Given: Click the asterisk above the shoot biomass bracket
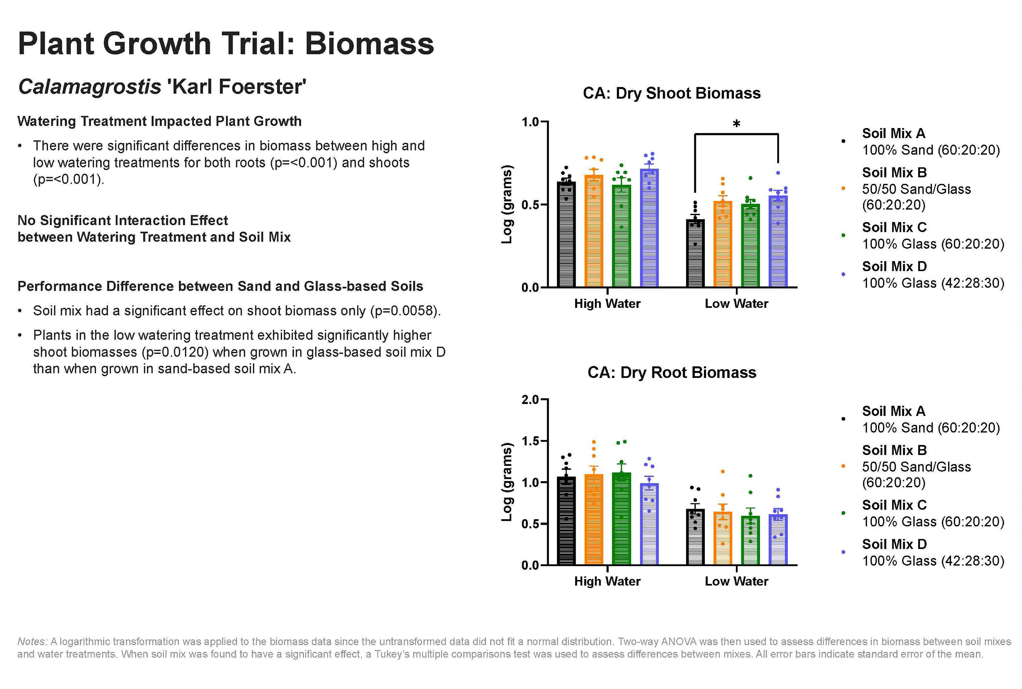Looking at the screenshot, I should [737, 124].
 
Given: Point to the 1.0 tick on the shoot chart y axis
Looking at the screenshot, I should [530, 122].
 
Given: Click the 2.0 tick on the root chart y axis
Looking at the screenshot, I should [530, 400].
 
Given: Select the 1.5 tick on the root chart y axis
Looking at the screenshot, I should [530, 441].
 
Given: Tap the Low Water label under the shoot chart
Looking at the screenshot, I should [737, 304].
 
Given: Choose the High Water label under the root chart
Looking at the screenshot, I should [607, 581].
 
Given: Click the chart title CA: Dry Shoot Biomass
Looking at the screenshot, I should [671, 93].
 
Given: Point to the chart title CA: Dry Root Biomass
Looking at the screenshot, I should [671, 373].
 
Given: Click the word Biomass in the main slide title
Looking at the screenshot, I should [369, 44].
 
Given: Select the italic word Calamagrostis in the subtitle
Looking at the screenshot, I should [90, 87].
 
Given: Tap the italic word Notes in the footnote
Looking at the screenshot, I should [32, 642].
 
